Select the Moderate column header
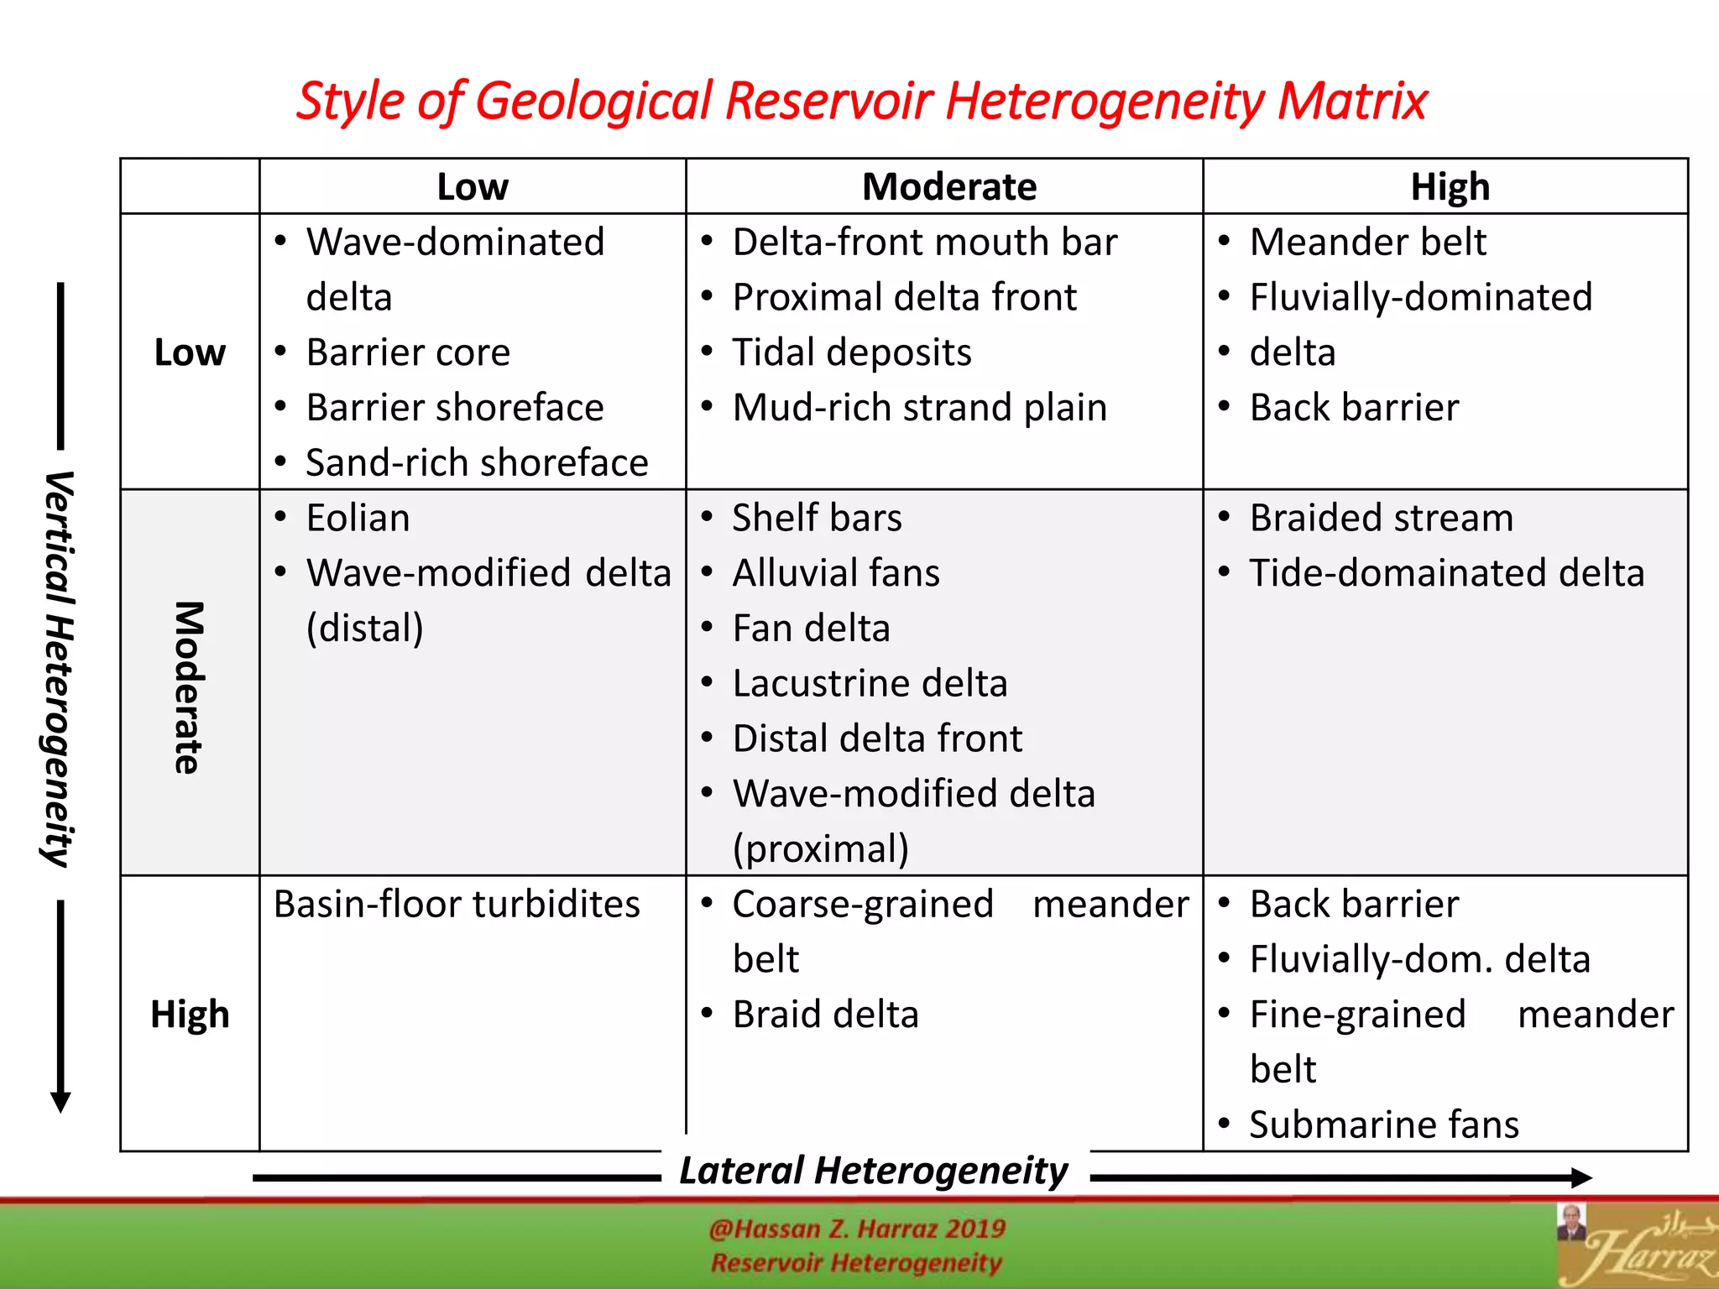(x=949, y=186)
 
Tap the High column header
(x=1450, y=186)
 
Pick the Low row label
(x=190, y=352)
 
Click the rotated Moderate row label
(x=190, y=687)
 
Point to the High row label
(x=190, y=1014)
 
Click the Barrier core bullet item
(x=408, y=352)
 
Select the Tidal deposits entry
(x=851, y=352)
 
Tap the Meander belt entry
(x=1367, y=242)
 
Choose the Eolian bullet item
(x=358, y=518)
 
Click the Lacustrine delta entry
(x=870, y=683)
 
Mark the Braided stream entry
(x=1381, y=518)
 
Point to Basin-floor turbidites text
(x=457, y=904)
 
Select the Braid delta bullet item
(x=825, y=1014)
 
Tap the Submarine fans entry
(x=1383, y=1125)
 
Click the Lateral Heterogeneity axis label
(x=874, y=1171)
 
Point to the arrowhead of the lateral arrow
(x=1581, y=1177)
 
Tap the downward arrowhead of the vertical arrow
(x=60, y=1102)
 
